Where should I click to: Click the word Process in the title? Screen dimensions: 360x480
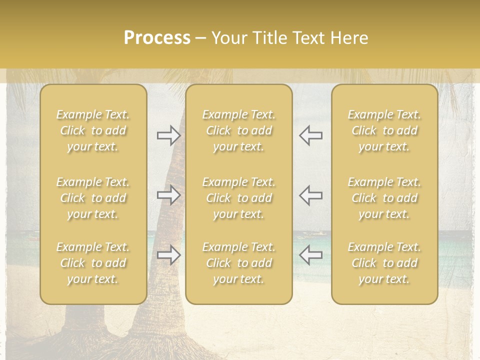[157, 38]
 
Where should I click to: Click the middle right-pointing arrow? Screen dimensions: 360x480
[168, 195]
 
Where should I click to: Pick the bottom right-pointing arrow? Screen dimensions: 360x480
[168, 255]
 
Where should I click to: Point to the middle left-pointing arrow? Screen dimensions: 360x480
[310, 195]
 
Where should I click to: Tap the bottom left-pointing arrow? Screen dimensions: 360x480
[310, 255]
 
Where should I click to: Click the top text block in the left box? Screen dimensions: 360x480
[93, 130]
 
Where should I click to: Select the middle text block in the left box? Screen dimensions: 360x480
[93, 198]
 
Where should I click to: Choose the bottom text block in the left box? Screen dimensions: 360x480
[93, 263]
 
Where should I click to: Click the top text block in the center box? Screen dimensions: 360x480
[239, 130]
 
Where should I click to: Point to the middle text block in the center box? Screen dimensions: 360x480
[239, 198]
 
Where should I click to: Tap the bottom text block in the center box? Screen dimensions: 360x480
[239, 263]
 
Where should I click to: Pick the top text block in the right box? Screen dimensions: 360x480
[384, 130]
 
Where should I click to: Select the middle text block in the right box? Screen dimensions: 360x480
[384, 198]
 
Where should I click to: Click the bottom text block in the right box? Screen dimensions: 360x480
[384, 263]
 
